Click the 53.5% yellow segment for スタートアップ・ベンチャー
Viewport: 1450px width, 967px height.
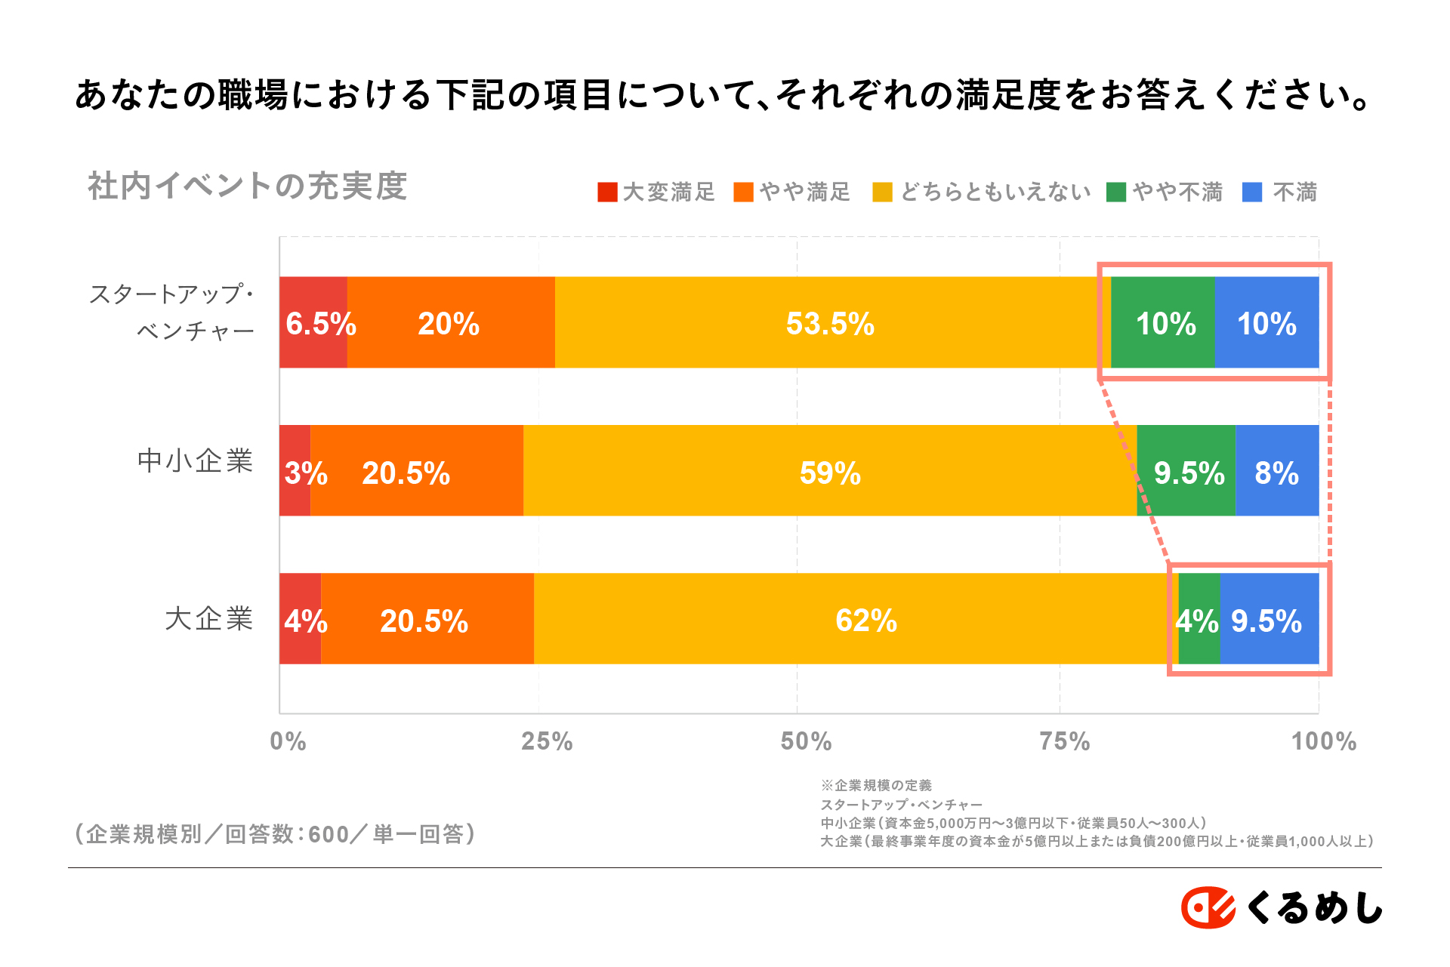click(831, 322)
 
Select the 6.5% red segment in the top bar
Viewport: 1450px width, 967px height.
click(313, 322)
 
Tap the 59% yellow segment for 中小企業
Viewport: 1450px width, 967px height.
click(829, 470)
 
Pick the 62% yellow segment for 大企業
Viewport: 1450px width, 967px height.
click(865, 619)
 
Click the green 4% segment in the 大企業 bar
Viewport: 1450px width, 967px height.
click(1199, 619)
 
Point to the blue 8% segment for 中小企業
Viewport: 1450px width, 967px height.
click(1276, 470)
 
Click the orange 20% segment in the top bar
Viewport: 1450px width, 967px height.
click(450, 322)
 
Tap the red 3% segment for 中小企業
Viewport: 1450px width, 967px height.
click(295, 470)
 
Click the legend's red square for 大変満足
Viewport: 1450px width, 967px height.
click(607, 192)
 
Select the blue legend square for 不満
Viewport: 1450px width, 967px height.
click(1252, 192)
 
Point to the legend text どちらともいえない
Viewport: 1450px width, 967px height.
click(995, 192)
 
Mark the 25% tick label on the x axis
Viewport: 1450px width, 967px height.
click(547, 741)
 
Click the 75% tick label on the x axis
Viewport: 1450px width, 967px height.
click(1064, 741)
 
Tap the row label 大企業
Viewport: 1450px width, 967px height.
click(208, 619)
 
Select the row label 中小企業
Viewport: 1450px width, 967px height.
click(195, 460)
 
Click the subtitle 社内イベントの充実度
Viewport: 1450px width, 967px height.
click(248, 186)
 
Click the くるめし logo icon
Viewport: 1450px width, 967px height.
click(1208, 907)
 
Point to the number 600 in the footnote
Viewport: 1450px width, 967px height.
click(329, 834)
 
